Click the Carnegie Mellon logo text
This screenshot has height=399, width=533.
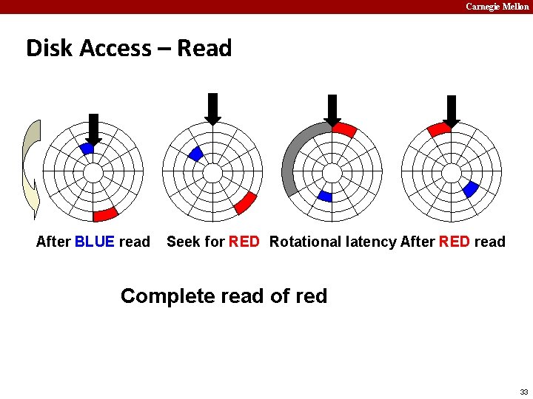(x=497, y=7)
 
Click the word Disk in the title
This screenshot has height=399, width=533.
(x=49, y=48)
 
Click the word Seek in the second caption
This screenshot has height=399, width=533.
(x=182, y=242)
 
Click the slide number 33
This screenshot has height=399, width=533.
(x=523, y=392)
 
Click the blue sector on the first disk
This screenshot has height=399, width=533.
(x=87, y=149)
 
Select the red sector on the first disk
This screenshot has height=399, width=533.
(x=105, y=214)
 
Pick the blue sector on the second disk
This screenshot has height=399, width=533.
(x=195, y=154)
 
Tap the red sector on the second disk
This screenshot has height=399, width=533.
(x=245, y=202)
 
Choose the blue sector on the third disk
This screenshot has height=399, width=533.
(x=325, y=196)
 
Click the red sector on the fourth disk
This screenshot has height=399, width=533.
(x=438, y=129)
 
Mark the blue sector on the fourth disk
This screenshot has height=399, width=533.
(x=469, y=189)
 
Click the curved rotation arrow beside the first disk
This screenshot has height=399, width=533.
(x=30, y=170)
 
